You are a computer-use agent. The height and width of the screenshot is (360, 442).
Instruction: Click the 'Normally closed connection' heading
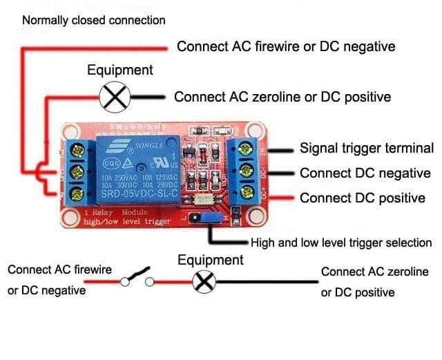[94, 20]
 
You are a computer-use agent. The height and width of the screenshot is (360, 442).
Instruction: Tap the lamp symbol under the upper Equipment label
[115, 97]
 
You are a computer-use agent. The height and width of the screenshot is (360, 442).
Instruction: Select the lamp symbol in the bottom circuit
[205, 281]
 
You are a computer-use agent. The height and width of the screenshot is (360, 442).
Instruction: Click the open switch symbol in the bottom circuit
[137, 278]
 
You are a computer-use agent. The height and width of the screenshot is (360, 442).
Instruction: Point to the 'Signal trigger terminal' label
[367, 148]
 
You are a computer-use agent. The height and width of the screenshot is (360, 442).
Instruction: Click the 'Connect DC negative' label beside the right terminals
[365, 173]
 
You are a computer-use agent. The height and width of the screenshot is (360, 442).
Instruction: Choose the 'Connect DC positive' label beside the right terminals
[362, 198]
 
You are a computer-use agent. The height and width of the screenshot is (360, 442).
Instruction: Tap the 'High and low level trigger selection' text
[341, 243]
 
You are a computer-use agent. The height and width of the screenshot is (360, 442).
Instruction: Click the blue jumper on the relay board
[212, 219]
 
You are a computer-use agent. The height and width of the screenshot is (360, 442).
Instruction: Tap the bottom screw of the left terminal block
[77, 191]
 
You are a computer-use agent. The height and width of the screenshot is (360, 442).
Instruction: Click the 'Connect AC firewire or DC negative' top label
[286, 46]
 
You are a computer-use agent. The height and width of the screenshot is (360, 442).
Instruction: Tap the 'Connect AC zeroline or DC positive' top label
[282, 97]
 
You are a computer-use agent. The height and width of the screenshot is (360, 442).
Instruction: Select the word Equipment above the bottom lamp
[211, 260]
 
